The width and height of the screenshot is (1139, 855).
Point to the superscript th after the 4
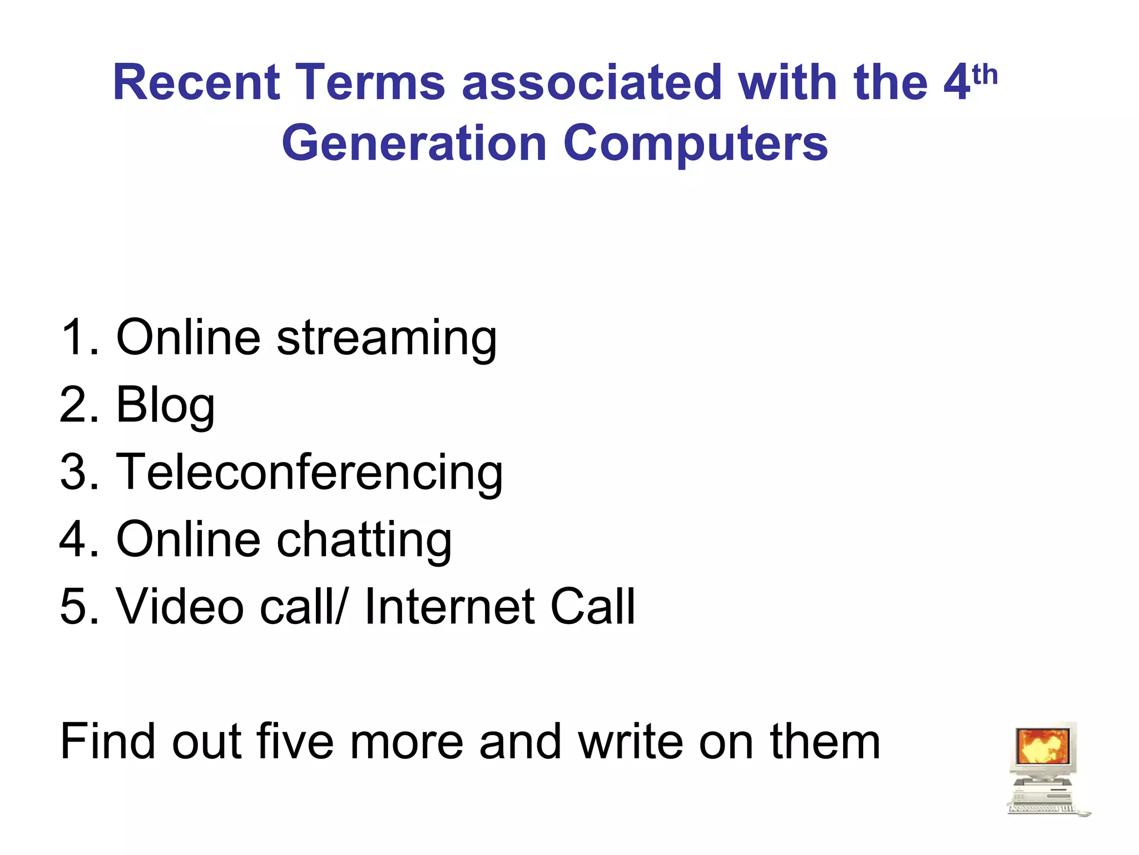click(985, 75)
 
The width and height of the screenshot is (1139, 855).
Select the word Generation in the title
click(414, 144)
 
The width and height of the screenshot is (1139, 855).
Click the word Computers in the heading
click(695, 144)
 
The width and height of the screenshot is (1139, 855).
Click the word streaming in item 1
click(387, 338)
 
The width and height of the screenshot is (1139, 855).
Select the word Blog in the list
click(165, 406)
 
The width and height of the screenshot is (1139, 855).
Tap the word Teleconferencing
click(309, 473)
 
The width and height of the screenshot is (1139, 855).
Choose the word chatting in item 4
click(364, 540)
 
